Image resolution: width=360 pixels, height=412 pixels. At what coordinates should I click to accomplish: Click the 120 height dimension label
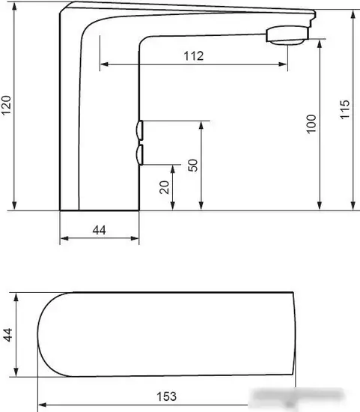6,106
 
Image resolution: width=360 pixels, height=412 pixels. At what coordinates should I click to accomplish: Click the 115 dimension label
345,109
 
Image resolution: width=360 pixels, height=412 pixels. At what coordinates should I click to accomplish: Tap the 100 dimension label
311,124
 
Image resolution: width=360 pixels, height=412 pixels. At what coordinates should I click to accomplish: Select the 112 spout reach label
194,56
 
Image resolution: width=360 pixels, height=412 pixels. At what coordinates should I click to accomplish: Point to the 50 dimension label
193,166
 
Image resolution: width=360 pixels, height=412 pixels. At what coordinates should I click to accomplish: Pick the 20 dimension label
165,187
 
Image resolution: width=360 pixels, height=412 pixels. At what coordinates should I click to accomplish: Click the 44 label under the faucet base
100,230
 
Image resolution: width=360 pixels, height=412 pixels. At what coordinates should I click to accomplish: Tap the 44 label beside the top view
8,335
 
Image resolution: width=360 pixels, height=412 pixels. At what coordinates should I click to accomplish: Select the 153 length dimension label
166,396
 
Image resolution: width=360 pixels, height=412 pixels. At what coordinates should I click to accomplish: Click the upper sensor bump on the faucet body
140,130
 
